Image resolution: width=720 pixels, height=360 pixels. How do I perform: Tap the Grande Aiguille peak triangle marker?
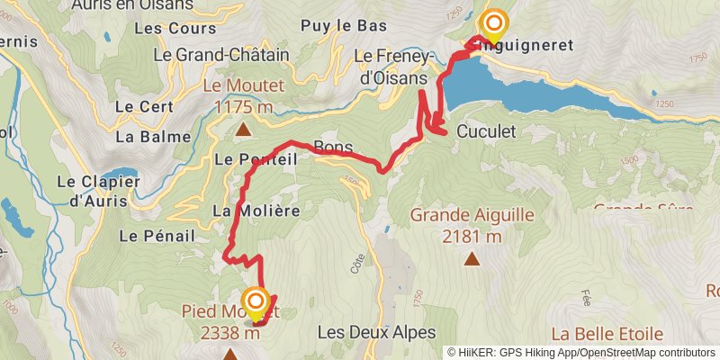click(472, 259)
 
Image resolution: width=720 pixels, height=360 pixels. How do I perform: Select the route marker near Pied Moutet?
click(256, 301)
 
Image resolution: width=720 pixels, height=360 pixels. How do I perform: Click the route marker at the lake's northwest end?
click(494, 24)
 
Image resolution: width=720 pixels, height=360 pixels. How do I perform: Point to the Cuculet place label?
click(486, 130)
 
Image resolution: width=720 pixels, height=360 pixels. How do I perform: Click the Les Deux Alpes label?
click(376, 332)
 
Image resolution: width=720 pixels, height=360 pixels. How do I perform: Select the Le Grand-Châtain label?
click(221, 54)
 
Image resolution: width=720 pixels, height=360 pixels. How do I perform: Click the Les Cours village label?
click(175, 28)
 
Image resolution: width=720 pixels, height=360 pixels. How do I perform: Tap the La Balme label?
click(153, 137)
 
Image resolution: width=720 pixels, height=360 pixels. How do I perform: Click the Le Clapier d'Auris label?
click(98, 191)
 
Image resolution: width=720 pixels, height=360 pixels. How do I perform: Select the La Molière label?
click(255, 209)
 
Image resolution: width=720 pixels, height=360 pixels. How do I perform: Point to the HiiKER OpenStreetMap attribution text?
click(581, 353)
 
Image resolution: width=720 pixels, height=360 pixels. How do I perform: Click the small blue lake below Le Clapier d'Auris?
click(15, 215)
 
